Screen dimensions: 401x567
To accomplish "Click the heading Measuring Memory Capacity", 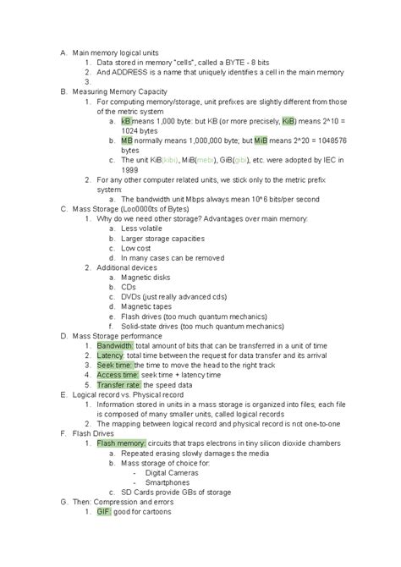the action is tap(120, 91).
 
